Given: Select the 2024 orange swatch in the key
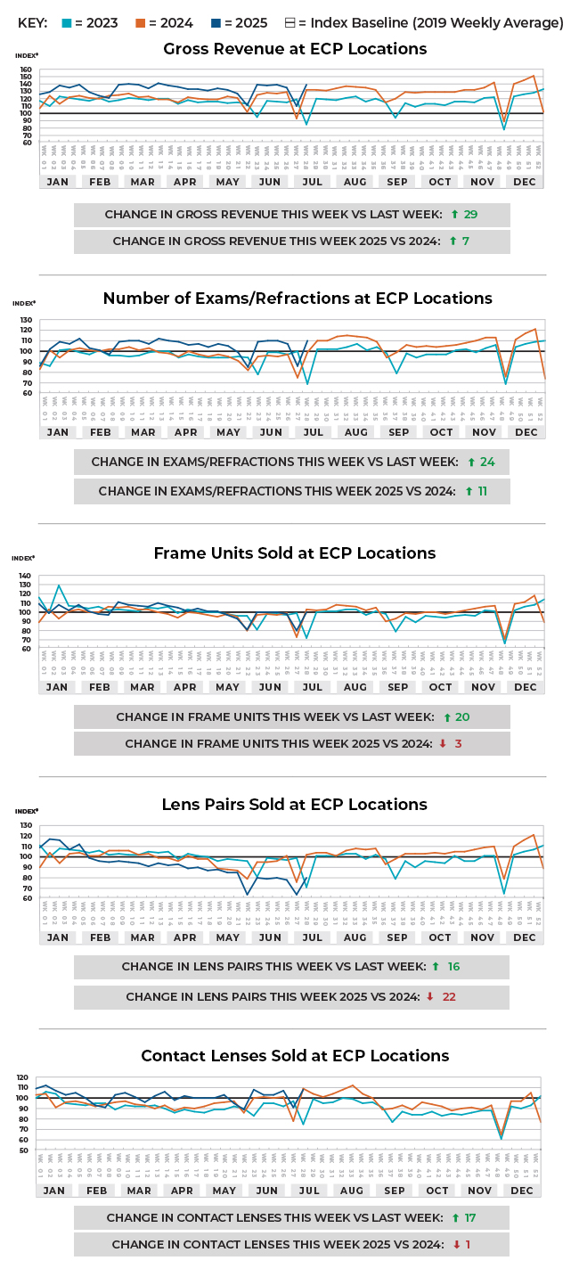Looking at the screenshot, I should point(148,23).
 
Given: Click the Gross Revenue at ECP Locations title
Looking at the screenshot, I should point(295,49).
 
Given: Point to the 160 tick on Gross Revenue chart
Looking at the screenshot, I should point(25,70).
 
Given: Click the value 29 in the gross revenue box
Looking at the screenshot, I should point(470,215).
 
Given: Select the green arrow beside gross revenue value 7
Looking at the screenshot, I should point(453,242).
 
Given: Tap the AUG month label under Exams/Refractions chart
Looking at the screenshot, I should point(355,432).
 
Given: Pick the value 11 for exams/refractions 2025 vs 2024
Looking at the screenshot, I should point(482,491).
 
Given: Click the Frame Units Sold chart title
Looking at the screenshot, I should point(295,553).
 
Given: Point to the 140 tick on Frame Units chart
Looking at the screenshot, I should point(25,576).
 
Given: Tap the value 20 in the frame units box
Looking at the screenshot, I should point(462,717).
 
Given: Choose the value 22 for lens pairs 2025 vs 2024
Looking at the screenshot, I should point(449,996).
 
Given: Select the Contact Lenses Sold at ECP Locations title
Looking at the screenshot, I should point(295,1056).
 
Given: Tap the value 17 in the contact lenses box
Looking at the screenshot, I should point(470,1217).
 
